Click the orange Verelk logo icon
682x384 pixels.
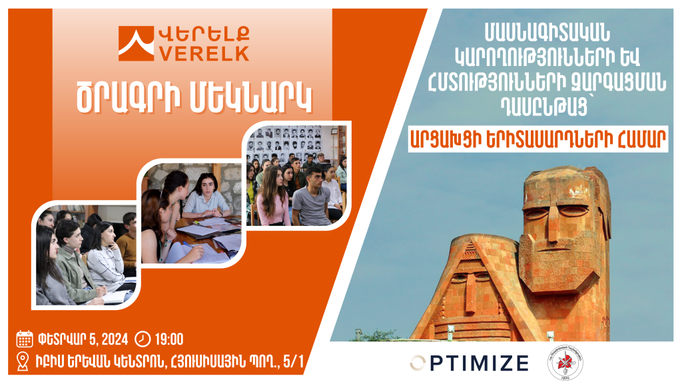click(136, 43)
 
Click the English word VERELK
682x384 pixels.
click(204, 53)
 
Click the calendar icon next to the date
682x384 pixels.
click(25, 339)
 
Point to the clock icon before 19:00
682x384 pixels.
click(143, 339)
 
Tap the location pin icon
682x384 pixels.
click(23, 361)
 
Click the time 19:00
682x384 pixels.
click(169, 339)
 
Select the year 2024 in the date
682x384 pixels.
click(114, 339)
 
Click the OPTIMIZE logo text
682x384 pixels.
click(470, 363)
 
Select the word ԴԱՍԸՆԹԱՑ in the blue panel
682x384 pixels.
click(545, 106)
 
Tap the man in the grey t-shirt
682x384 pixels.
click(312, 197)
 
